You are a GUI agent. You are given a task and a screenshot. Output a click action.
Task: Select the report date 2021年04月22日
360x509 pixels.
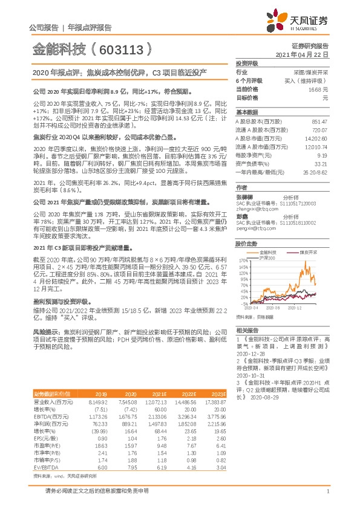(301, 54)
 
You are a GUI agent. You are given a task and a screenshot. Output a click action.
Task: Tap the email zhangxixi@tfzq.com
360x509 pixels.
(255, 192)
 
